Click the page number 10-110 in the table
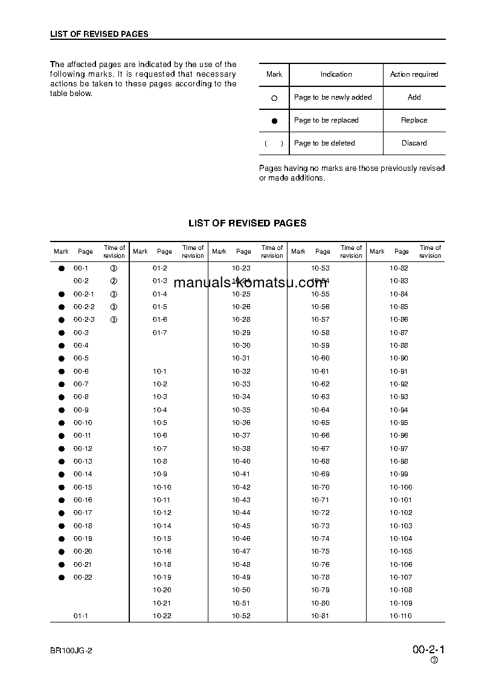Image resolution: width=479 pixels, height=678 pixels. [x=400, y=616]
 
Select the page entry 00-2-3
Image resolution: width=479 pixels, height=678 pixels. [x=84, y=319]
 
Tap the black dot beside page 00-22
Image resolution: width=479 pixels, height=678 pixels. [x=61, y=578]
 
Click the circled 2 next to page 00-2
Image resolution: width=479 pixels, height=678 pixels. [x=114, y=281]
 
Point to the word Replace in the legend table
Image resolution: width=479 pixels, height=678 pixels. [x=414, y=120]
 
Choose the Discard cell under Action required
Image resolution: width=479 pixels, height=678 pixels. [x=414, y=143]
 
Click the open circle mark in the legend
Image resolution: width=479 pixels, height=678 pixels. [x=274, y=98]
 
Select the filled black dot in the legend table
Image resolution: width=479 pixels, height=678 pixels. [x=274, y=121]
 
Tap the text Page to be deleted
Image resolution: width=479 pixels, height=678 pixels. [x=324, y=143]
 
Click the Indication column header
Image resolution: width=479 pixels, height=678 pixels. [x=336, y=74]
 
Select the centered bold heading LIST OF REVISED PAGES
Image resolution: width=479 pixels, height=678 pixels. [x=247, y=223]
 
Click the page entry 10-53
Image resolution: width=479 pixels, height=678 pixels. [x=320, y=268]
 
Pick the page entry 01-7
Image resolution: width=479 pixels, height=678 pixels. [x=159, y=333]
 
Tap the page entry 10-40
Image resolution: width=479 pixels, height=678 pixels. [x=241, y=461]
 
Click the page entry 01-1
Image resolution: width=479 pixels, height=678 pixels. [x=81, y=616]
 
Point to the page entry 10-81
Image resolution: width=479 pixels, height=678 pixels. [x=320, y=616]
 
